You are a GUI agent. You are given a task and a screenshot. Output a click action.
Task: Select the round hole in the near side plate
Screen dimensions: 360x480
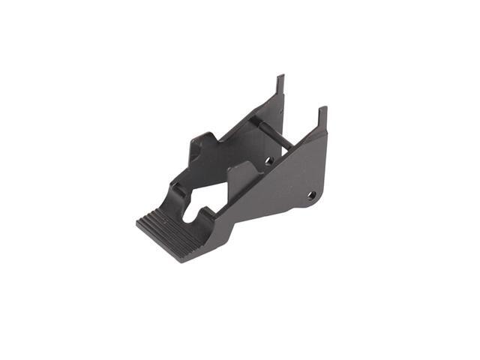(x=311, y=195)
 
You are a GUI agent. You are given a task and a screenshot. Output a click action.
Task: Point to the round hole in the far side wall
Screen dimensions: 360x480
(x=268, y=160)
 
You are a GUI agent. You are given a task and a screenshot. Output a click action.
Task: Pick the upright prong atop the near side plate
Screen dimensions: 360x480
(x=322, y=118)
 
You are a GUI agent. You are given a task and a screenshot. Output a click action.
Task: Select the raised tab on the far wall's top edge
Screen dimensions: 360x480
(x=202, y=142)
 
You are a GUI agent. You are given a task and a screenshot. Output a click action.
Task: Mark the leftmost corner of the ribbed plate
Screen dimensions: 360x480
(x=138, y=223)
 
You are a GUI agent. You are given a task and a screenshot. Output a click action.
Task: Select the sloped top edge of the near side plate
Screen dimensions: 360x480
(x=285, y=154)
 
